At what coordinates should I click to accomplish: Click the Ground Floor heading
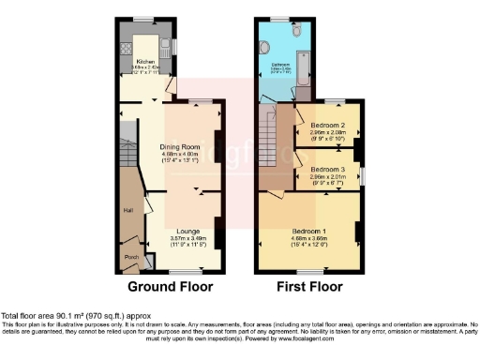(x=170, y=286)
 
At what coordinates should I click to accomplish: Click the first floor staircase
(x=271, y=141)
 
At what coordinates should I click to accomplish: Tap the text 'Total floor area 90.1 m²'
(x=56, y=316)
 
